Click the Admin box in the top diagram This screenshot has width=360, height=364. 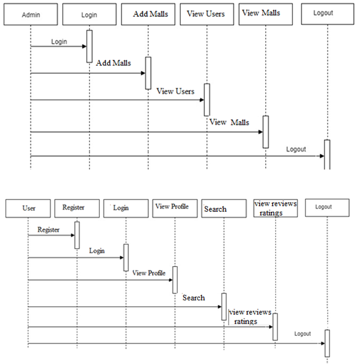pos(31,14)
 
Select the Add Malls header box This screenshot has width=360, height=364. pos(148,14)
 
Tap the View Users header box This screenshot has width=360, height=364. pos(207,14)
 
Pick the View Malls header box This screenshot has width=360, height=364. pos(265,14)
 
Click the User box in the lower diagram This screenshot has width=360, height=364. pos(28,208)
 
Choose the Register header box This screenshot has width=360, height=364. pos(77,208)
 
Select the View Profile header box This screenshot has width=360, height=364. pos(175,208)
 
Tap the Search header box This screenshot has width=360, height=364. pos(224,208)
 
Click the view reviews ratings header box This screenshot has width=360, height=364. pos(275,208)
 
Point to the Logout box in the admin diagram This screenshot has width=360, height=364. pos(328,14)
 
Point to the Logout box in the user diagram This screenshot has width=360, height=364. pos(327,208)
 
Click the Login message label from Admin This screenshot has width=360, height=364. pos(59,42)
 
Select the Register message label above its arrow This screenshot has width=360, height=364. pos(49,230)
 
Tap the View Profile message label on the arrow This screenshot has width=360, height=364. pos(149,273)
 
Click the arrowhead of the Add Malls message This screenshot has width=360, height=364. pos(143,73)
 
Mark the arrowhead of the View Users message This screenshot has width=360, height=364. pos(202,100)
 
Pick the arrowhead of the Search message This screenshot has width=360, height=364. pos(220,307)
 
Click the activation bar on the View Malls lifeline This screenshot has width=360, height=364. pos(265,132)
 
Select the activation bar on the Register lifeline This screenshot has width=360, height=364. pos(77,235)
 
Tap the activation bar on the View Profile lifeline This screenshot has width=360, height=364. pos(175,280)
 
